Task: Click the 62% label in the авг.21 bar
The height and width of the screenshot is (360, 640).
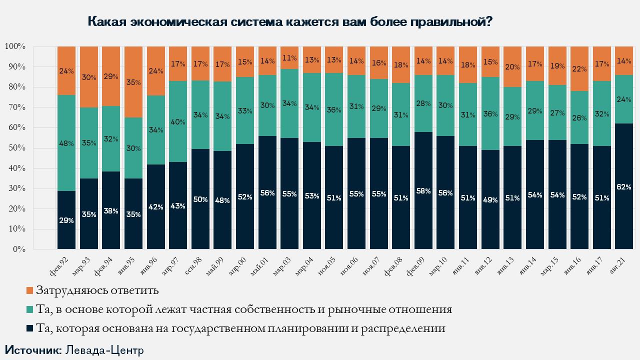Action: click(x=623, y=187)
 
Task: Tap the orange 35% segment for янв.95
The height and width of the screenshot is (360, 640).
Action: click(x=133, y=82)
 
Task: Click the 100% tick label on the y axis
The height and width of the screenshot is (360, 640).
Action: click(x=15, y=46)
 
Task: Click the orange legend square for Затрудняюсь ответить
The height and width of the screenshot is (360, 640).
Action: click(x=29, y=290)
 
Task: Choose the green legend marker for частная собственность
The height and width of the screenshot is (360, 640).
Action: click(x=29, y=309)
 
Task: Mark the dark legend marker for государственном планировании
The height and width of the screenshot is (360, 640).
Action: click(x=29, y=329)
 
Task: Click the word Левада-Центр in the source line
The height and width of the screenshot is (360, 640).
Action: click(x=104, y=349)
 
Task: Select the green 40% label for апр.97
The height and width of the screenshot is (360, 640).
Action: click(x=178, y=121)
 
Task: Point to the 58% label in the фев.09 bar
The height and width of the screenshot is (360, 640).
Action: click(x=423, y=191)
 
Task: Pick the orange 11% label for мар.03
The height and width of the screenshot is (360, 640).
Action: click(x=289, y=57)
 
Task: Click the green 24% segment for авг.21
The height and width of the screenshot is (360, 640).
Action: click(x=623, y=99)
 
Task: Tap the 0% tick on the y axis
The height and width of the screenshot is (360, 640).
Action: click(x=18, y=249)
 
